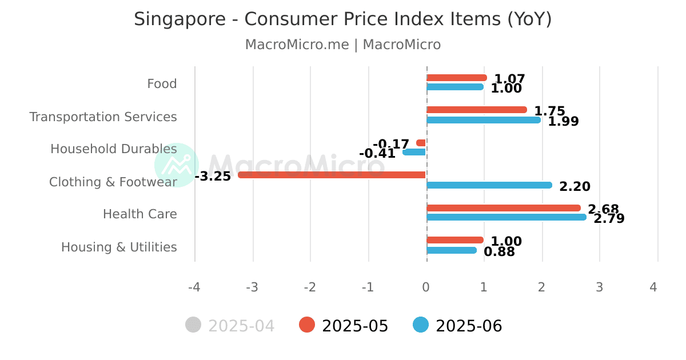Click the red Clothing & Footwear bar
(x=332, y=175)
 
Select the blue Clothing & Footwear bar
(x=489, y=185)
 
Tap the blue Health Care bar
(x=506, y=217)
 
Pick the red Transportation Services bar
(x=477, y=110)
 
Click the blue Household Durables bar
(x=414, y=152)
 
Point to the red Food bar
(x=457, y=78)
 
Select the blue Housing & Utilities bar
(x=452, y=250)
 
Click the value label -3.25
(x=213, y=176)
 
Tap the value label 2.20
(x=575, y=186)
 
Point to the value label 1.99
(x=563, y=121)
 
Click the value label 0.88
(x=499, y=251)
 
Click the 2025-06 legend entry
(x=457, y=326)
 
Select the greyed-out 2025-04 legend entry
(x=230, y=326)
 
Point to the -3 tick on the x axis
(x=252, y=287)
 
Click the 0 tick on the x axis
(x=426, y=287)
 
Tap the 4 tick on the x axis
(x=653, y=287)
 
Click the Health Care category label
(x=139, y=214)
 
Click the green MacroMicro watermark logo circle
(x=177, y=165)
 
